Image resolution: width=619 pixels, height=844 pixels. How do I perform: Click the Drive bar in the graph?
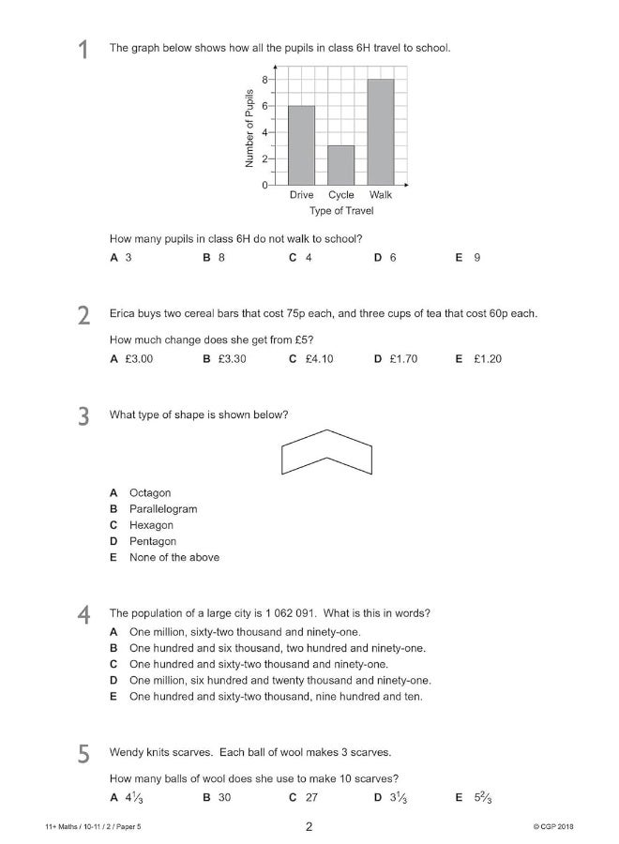pyautogui.click(x=301, y=145)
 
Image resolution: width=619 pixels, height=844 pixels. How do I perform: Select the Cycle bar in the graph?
pyautogui.click(x=340, y=165)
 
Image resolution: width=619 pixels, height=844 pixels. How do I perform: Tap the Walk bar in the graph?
pyautogui.click(x=381, y=132)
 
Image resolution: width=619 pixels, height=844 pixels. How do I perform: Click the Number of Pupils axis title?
pyautogui.click(x=249, y=128)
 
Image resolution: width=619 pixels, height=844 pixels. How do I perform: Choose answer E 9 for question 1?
pyautogui.click(x=468, y=257)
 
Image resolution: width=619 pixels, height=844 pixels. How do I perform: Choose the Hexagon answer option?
pyautogui.click(x=151, y=525)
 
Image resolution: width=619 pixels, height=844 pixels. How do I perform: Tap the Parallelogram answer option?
pyautogui.click(x=162, y=509)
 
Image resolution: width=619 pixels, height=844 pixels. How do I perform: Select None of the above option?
pyautogui.click(x=174, y=557)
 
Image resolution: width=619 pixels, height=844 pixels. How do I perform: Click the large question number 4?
pyautogui.click(x=84, y=616)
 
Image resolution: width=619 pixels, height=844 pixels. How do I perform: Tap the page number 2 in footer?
pyautogui.click(x=309, y=826)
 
